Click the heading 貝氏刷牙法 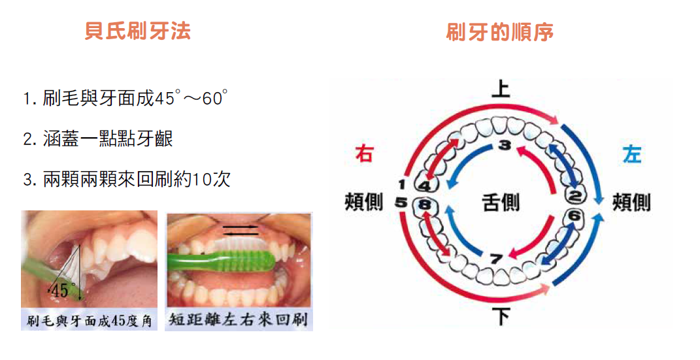(x=137, y=31)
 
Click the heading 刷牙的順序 (x=500, y=32)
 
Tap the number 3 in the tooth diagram (x=503, y=145)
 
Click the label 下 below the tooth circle (x=501, y=318)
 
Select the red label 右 (x=364, y=154)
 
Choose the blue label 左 (x=631, y=154)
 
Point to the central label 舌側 (x=501, y=203)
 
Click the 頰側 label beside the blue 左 (x=631, y=203)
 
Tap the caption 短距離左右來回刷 (x=239, y=320)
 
